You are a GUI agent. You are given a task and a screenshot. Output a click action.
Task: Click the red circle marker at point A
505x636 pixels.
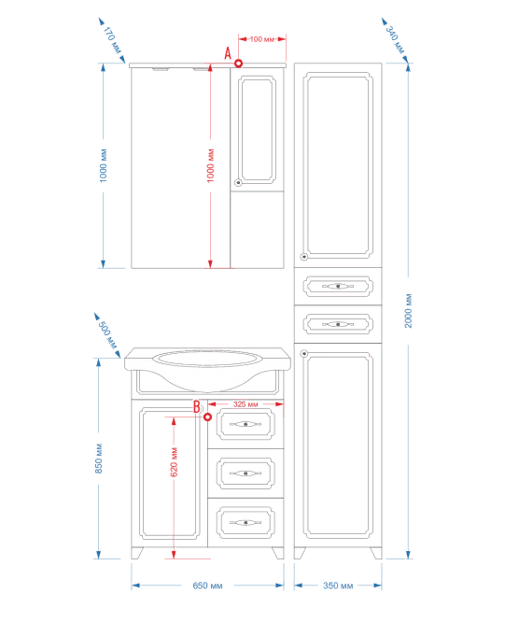[x=239, y=64]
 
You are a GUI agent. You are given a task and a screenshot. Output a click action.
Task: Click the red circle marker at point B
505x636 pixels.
[x=207, y=417]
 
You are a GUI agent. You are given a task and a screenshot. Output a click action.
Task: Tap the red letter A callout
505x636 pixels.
[x=228, y=53]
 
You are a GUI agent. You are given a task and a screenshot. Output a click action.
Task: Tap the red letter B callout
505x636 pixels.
[x=197, y=407]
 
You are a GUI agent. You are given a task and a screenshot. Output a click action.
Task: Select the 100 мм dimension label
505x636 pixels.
[x=261, y=39]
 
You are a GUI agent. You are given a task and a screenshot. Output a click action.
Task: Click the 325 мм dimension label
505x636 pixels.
[x=245, y=404]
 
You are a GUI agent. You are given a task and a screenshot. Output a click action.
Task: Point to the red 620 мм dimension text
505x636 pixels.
[x=175, y=462]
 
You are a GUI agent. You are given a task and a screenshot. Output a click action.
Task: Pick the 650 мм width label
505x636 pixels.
[x=207, y=586]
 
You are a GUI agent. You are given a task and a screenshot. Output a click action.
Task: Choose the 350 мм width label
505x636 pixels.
[x=338, y=586]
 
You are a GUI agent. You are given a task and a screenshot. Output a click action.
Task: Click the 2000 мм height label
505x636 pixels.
[x=408, y=311]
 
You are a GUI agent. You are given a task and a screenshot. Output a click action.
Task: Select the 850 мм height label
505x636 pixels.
[x=99, y=459]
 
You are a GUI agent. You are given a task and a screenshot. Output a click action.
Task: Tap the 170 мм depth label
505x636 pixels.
[x=112, y=40]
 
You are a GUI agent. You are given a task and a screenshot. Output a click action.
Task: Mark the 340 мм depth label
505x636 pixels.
[x=395, y=40]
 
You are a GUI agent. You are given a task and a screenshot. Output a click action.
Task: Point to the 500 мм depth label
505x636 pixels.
[x=107, y=334]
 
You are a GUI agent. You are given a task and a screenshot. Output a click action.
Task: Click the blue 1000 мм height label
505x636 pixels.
[x=104, y=166]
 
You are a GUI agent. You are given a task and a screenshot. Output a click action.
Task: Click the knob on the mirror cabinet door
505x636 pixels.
[x=238, y=182]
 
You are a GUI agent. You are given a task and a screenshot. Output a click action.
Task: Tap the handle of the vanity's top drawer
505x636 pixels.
[x=245, y=424]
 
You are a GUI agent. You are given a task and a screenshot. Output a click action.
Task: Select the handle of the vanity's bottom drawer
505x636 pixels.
[x=245, y=523]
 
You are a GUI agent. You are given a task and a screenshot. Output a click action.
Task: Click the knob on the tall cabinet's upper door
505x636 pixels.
[x=304, y=256]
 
